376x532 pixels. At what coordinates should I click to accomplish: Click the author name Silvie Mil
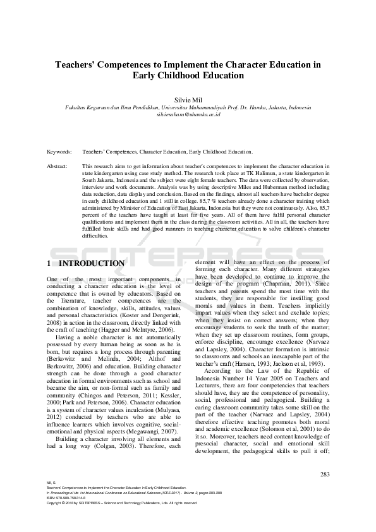188,99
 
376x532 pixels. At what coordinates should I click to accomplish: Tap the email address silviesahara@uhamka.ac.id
188,115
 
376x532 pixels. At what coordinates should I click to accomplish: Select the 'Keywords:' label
59,152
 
